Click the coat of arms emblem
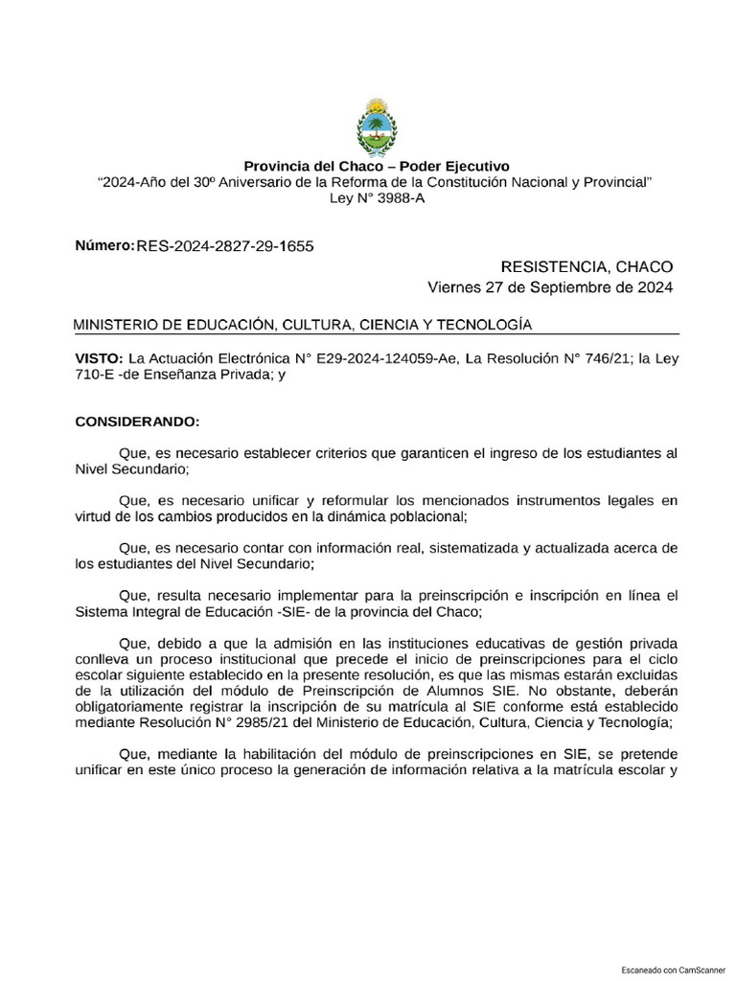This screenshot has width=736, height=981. (x=376, y=125)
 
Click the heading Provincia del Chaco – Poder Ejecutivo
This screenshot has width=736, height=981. (x=376, y=166)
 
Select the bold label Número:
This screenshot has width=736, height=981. (x=104, y=246)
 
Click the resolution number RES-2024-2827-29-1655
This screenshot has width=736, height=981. (x=225, y=247)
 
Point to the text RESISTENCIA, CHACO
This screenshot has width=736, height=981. (x=586, y=266)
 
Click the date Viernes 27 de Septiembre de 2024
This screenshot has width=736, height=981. (x=549, y=286)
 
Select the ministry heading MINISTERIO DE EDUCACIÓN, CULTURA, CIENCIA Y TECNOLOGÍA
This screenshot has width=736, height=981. (x=302, y=326)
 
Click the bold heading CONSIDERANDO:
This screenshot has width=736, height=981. (x=137, y=421)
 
